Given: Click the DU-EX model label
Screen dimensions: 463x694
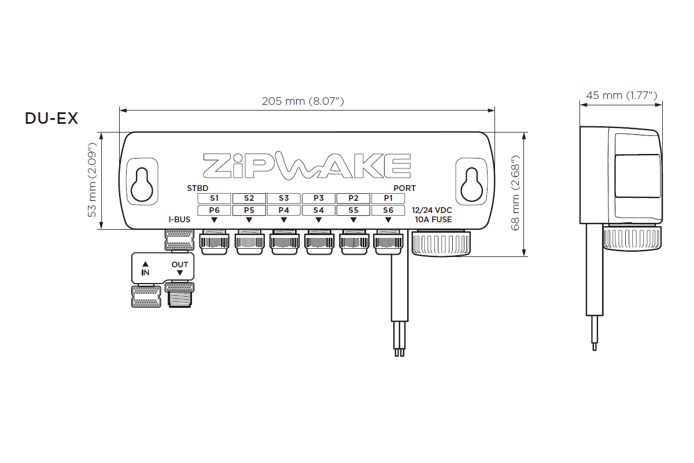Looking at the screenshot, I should coord(51,119).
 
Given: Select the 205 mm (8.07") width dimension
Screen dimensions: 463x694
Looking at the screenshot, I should coord(303,101).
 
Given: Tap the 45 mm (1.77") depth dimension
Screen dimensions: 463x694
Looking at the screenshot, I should coord(621,95).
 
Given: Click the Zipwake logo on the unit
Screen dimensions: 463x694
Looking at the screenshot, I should coord(307,166).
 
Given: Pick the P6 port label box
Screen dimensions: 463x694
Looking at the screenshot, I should coord(214,210).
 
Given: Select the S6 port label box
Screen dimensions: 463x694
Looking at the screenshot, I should coord(388,210).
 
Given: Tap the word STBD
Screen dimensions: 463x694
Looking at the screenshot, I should coord(198,189).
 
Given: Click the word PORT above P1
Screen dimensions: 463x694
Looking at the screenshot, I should coord(404,189).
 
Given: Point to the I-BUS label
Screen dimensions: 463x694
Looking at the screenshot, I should coord(179,220).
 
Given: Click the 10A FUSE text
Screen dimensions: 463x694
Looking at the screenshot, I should coord(434,220).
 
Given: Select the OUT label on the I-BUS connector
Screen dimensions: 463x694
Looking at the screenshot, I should coord(179,265).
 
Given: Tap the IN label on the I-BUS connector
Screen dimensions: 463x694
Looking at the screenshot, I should coord(145,271).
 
